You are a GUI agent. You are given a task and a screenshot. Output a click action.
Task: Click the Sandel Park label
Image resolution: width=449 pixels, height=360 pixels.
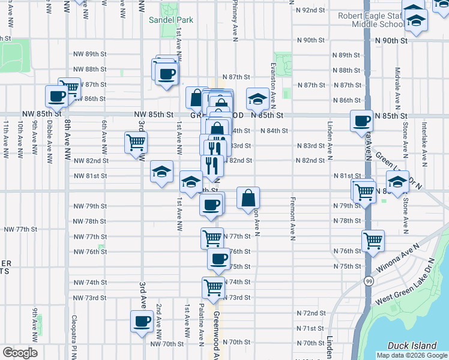coord(171,20)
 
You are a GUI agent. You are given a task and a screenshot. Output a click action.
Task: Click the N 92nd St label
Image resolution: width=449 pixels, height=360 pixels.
coord(310,10)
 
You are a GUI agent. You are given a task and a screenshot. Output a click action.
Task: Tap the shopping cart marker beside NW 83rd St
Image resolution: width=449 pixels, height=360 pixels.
coord(136,142)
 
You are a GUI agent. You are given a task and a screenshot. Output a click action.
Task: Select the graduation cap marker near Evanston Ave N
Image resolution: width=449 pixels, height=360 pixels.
coord(258,99)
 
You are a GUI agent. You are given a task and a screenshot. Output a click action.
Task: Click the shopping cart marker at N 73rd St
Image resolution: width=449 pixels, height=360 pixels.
coord(214,287)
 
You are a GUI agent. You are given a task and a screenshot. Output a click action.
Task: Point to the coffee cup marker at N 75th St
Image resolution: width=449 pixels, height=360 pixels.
coord(218,259)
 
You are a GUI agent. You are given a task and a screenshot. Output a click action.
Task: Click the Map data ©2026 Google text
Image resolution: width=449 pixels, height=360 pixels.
coord(412,355)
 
